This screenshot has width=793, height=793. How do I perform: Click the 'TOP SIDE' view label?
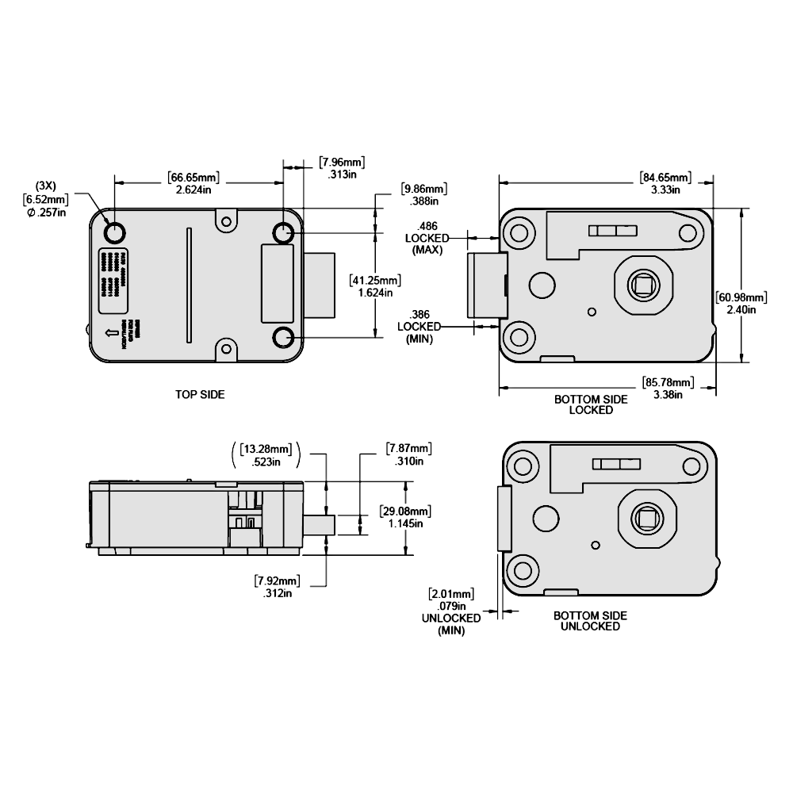point(200,393)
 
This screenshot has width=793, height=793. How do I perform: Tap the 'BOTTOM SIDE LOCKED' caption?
point(591,404)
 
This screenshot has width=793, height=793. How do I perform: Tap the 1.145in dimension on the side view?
point(405,523)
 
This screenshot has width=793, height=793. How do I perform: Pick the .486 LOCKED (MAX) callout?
point(427,238)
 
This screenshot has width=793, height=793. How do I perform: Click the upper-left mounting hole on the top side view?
point(114,232)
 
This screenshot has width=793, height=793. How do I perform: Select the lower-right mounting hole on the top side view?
point(284,338)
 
